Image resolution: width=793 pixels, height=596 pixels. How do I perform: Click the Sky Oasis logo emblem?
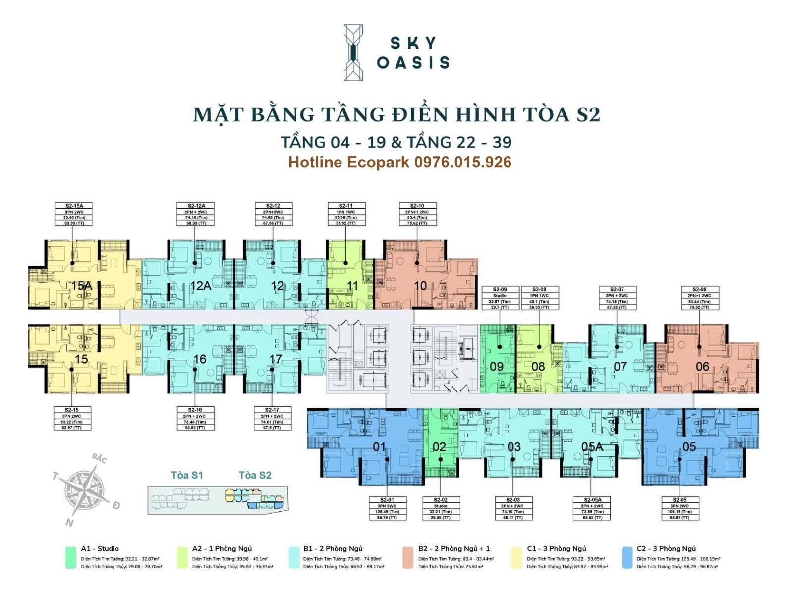pos(353,53)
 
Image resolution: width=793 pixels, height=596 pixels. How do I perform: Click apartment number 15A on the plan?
pos(81,286)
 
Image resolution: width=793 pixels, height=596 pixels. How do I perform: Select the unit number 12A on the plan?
pos(200,286)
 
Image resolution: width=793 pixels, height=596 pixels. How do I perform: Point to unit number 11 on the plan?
pos(352,286)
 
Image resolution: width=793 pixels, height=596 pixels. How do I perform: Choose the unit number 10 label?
pos(420,286)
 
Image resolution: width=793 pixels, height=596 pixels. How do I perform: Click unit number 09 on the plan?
pos(496,367)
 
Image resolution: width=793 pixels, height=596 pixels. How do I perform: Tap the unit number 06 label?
pos(702,367)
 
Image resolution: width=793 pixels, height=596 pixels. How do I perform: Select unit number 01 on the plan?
pos(379,447)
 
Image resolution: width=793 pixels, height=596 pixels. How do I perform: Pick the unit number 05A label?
pos(592,447)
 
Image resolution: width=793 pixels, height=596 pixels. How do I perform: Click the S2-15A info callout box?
pos(72,214)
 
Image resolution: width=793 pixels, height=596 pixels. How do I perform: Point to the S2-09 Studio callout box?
pos(500,298)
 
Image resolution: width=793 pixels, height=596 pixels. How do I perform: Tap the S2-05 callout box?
pos(680,509)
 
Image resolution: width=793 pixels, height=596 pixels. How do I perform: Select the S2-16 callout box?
pos(195,419)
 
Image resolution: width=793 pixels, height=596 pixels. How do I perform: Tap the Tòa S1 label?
pos(187,476)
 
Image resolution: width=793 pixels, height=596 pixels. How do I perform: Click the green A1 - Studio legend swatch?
pos(70,557)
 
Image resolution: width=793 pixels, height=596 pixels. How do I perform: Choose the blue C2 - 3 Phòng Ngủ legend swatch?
pos(627,557)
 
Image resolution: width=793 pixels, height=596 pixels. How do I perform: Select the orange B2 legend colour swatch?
pos(408,557)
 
